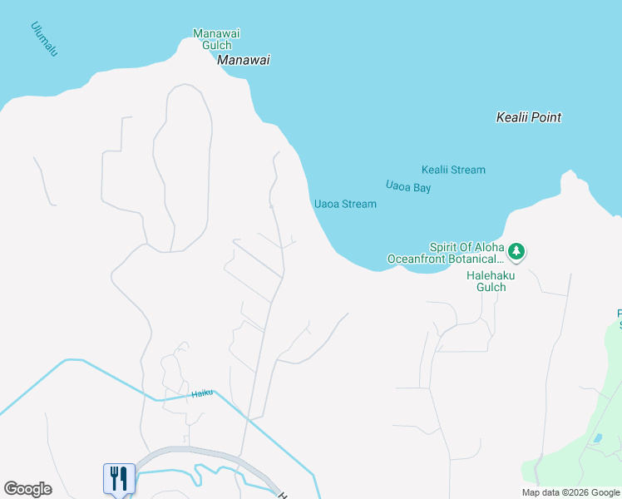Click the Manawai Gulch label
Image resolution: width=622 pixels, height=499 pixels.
(216, 39)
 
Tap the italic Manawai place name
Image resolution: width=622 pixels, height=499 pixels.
(244, 61)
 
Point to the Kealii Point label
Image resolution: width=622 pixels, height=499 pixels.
(528, 117)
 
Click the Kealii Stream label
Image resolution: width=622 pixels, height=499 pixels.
(453, 170)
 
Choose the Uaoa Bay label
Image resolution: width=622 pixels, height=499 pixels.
(408, 187)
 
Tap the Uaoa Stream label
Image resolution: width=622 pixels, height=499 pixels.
(345, 204)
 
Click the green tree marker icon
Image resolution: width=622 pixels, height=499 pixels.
(516, 250)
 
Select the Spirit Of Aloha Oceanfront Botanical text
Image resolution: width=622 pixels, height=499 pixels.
(447, 253)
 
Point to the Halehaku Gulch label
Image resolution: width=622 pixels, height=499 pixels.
(486, 280)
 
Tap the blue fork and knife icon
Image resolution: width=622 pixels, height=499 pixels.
(119, 478)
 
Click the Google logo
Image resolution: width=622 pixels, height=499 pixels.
(27, 489)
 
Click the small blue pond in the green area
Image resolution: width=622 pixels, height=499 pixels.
(598, 437)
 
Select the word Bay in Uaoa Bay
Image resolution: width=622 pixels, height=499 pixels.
(422, 188)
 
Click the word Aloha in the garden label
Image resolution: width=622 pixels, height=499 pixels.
(486, 247)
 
